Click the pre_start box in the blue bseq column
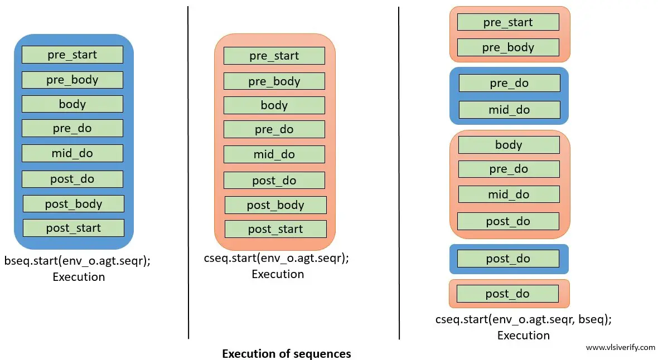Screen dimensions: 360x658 (x=72, y=55)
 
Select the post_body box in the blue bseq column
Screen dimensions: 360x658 (x=74, y=204)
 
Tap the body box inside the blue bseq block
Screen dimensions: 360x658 (x=72, y=104)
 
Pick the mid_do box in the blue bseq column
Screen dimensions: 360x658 (x=72, y=153)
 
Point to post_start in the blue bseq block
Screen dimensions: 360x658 (x=74, y=228)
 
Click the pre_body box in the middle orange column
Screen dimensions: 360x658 (x=274, y=81)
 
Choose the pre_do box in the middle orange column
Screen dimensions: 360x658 (x=274, y=129)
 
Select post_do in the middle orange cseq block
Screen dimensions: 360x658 (x=274, y=181)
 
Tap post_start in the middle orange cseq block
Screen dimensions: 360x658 (x=275, y=229)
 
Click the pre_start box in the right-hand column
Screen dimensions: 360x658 (x=508, y=22)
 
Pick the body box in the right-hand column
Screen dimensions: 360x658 (x=509, y=145)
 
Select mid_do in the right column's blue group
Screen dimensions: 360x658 (x=509, y=110)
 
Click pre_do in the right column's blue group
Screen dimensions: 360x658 (x=509, y=84)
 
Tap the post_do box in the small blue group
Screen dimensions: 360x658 (x=508, y=259)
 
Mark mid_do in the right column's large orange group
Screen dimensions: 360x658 (x=509, y=194)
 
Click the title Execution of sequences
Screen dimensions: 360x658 (x=287, y=354)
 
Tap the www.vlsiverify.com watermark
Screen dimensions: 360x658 (x=620, y=347)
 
